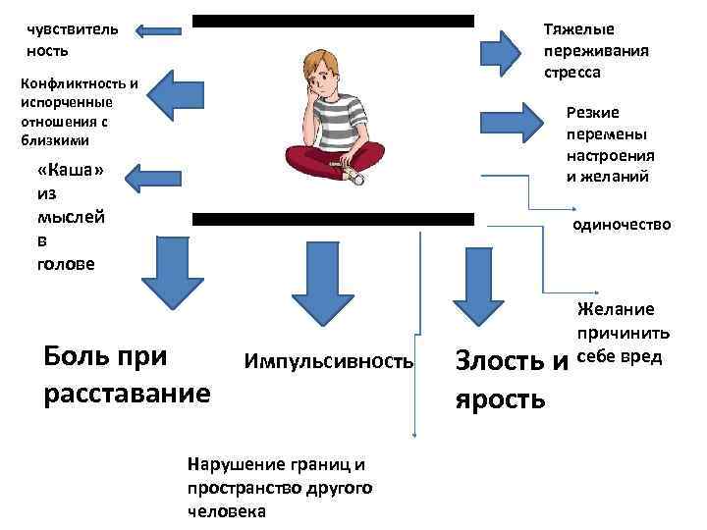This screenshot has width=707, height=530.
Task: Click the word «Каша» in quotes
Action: click(x=70, y=170)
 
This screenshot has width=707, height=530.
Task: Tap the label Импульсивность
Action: click(x=329, y=362)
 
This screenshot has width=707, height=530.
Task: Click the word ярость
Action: click(x=501, y=398)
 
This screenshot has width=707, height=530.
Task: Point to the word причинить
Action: click(x=629, y=333)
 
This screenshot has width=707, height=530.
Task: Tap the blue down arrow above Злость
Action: click(x=480, y=285)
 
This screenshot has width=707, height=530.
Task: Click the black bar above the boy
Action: click(x=333, y=20)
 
